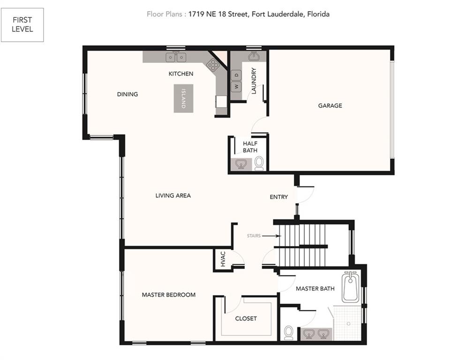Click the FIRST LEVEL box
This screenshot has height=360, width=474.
[x=23, y=25]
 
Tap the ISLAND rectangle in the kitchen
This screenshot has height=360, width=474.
[x=183, y=98]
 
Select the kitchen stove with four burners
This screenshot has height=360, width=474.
[x=213, y=65]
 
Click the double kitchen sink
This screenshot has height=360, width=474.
[x=176, y=57]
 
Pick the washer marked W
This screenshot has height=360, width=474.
[x=236, y=87]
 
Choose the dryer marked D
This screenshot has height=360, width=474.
[x=236, y=75]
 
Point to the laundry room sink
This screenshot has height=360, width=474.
[x=253, y=56]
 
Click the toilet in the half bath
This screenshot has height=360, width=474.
[x=259, y=164]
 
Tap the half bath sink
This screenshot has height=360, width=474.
[x=241, y=165]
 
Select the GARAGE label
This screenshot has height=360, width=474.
[x=330, y=105]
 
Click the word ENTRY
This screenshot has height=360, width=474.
[x=278, y=197]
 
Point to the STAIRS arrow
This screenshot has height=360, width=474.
[x=271, y=236]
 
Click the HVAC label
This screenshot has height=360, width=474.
[x=223, y=259]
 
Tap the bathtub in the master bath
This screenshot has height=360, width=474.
[x=351, y=287]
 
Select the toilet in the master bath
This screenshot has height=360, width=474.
[x=289, y=332]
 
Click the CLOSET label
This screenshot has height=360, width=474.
[x=246, y=319]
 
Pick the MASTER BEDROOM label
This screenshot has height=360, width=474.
[x=169, y=295]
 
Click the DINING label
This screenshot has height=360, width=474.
[x=127, y=94]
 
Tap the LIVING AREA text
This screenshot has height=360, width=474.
[x=173, y=195]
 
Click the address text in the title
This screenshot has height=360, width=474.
[x=259, y=14]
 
